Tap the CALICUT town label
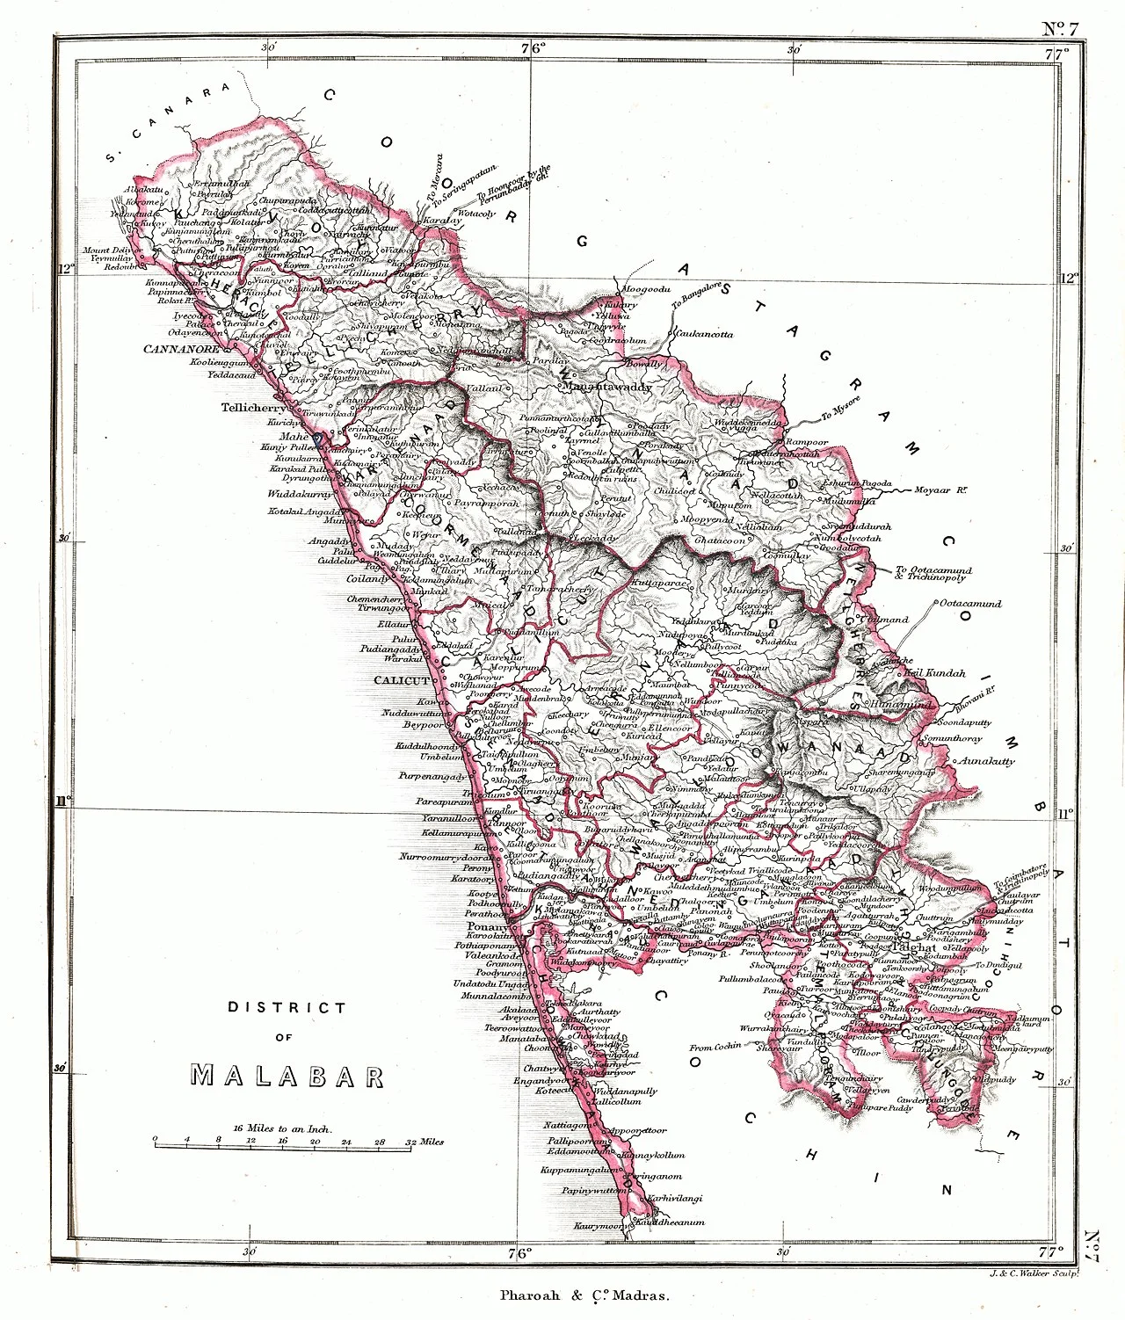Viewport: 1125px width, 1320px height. [x=402, y=680]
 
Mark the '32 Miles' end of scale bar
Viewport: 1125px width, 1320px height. [x=424, y=1142]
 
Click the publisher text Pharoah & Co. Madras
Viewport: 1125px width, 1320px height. [x=584, y=1294]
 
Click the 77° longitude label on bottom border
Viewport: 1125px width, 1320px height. [x=1052, y=1251]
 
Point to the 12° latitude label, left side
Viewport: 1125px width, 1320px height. [x=63, y=270]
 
